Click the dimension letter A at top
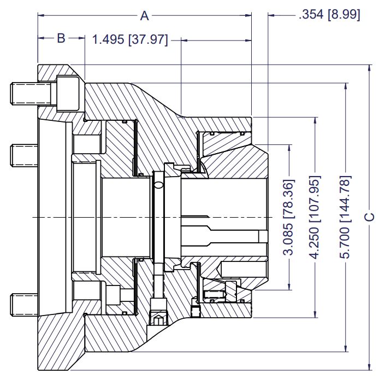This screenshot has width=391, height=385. [145, 16]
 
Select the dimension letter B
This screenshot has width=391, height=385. [61, 38]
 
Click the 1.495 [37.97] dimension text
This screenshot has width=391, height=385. [130, 40]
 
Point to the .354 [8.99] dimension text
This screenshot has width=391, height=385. [329, 15]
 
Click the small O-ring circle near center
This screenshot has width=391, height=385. [158, 185]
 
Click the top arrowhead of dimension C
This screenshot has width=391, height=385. [370, 68]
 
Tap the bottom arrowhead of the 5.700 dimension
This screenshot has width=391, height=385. [346, 349]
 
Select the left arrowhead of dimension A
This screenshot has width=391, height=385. [40, 16]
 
